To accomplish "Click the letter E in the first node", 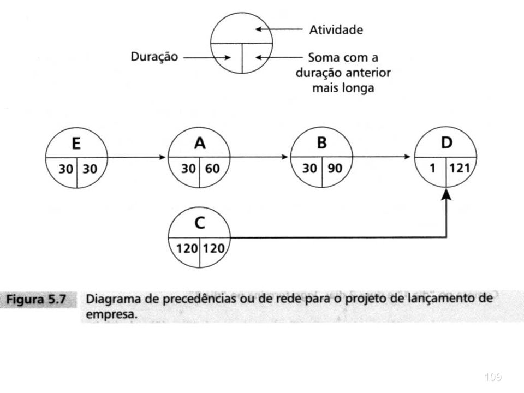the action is click(76, 144).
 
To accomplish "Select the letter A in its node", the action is click(200, 144).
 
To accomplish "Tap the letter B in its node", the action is click(322, 142).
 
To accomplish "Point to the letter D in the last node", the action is click(447, 142).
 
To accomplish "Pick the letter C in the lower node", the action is click(200, 223).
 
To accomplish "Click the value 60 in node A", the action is click(212, 169).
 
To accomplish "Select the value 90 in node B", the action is click(335, 168).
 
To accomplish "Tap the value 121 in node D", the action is click(460, 168).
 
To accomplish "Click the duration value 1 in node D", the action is click(432, 168).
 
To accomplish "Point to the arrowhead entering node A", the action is click(163, 157).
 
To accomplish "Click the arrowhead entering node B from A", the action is click(285, 157).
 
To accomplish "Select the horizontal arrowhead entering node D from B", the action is click(407, 157).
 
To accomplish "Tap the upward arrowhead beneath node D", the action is click(446, 194).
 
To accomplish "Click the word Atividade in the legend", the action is click(336, 30).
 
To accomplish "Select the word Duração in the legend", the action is click(154, 57).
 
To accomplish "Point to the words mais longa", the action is click(343, 88).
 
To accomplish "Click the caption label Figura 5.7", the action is click(36, 299).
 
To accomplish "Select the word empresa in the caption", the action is click(111, 314).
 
